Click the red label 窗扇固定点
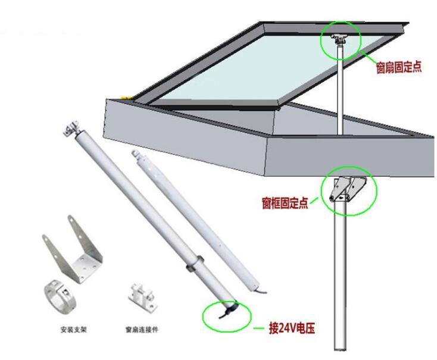pyautogui.click(x=399, y=67)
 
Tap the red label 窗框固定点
pyautogui.click(x=285, y=203)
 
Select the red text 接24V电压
pyautogui.click(x=292, y=328)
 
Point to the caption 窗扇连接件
pyautogui.click(x=142, y=330)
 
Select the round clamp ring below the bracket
pyautogui.click(x=60, y=296)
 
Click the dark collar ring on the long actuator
pyautogui.click(x=195, y=263)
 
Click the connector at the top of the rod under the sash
pyautogui.click(x=339, y=40)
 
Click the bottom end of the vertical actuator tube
pyautogui.click(x=341, y=349)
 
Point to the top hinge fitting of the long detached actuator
pyautogui.click(x=71, y=129)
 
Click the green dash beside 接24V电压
pyautogui.click(x=258, y=328)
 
